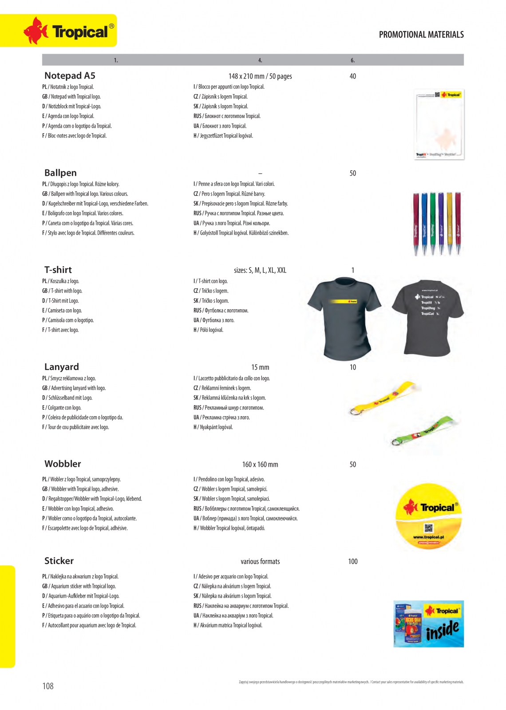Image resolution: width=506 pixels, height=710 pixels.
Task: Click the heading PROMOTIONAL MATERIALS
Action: [421, 35]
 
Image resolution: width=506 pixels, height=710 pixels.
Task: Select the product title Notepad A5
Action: [70, 76]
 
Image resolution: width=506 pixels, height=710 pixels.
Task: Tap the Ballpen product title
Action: [60, 173]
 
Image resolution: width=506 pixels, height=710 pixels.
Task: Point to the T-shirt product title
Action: [58, 270]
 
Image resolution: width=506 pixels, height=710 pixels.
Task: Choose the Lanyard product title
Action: [61, 367]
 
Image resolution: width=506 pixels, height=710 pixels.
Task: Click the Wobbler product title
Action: [63, 464]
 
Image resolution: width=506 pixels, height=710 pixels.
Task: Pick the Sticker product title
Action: [59, 561]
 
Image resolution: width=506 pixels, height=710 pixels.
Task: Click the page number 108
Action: [48, 686]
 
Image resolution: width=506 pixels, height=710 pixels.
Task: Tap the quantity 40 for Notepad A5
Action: [352, 76]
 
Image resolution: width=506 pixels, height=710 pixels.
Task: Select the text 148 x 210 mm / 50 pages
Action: [260, 76]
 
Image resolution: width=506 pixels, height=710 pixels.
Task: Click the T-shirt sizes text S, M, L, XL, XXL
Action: [260, 270]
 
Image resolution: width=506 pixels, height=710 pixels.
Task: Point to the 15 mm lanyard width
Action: [260, 367]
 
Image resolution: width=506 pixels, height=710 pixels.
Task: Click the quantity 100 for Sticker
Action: [352, 562]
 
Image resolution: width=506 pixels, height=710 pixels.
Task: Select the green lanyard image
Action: [424, 430]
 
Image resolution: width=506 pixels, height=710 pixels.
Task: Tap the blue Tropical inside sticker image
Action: [428, 623]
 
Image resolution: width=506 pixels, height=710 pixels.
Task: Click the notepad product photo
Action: [439, 124]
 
